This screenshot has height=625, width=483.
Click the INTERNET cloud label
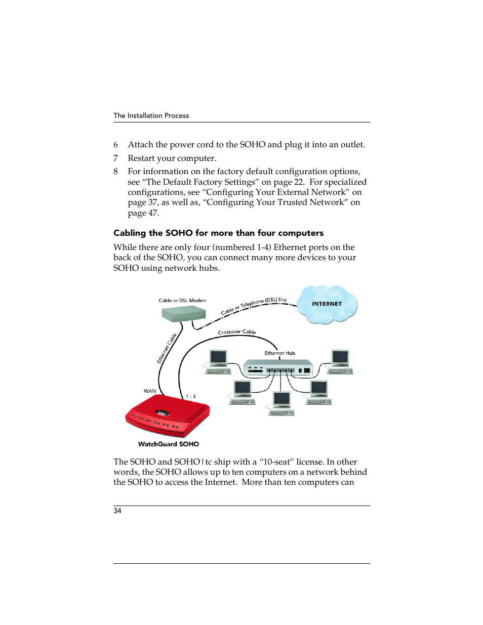pyautogui.click(x=327, y=304)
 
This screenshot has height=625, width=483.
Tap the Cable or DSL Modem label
pyautogui.click(x=182, y=300)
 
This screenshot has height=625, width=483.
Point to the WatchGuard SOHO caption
pyautogui.click(x=168, y=444)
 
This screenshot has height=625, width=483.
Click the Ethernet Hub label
pyautogui.click(x=279, y=353)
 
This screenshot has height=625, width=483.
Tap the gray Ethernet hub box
pyautogui.click(x=278, y=368)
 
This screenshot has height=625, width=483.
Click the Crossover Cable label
pyautogui.click(x=236, y=332)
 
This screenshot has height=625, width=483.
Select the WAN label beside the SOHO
pyautogui.click(x=150, y=391)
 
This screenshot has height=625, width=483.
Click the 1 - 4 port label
pyautogui.click(x=190, y=396)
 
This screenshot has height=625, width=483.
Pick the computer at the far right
pyautogui.click(x=340, y=361)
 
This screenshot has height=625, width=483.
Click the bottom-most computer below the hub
pyautogui.click(x=281, y=403)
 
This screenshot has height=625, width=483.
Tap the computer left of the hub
pyautogui.click(x=218, y=361)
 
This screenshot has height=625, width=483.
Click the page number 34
pyautogui.click(x=117, y=511)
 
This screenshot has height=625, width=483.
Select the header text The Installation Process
pyautogui.click(x=151, y=115)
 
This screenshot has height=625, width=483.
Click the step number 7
pyautogui.click(x=115, y=158)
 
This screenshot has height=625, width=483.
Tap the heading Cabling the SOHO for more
pyautogui.click(x=218, y=233)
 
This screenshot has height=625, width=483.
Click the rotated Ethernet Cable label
pyautogui.click(x=167, y=348)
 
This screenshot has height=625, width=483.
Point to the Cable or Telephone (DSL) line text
pyautogui.click(x=254, y=305)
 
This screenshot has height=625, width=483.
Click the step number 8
pyautogui.click(x=115, y=171)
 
